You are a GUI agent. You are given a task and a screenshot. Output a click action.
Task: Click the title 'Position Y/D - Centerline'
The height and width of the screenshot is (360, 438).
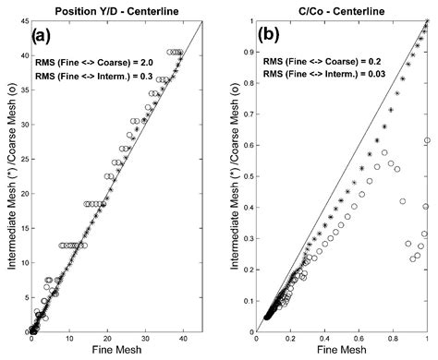tap(117, 8)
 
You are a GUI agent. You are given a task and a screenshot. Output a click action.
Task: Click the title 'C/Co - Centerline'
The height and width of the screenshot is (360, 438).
tap(341, 8)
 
